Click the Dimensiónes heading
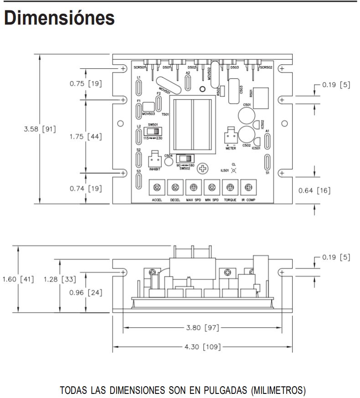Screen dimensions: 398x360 (x=59, y=18)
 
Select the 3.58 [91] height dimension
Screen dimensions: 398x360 (x=40, y=129)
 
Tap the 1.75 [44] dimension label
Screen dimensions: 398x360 (x=85, y=136)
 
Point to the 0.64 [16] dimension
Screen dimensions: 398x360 (x=314, y=190)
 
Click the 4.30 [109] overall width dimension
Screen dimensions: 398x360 (x=202, y=347)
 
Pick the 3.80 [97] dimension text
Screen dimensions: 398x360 (x=202, y=327)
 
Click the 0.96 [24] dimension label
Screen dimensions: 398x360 (x=85, y=292)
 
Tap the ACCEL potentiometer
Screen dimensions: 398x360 (x=157, y=187)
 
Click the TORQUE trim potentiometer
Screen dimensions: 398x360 (x=230, y=187)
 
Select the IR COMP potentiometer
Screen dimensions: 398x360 (x=248, y=187)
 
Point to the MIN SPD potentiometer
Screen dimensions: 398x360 (x=211, y=187)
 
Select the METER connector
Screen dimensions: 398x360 (x=230, y=137)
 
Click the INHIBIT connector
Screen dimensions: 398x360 (x=153, y=159)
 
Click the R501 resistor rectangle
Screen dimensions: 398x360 (x=261, y=97)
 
